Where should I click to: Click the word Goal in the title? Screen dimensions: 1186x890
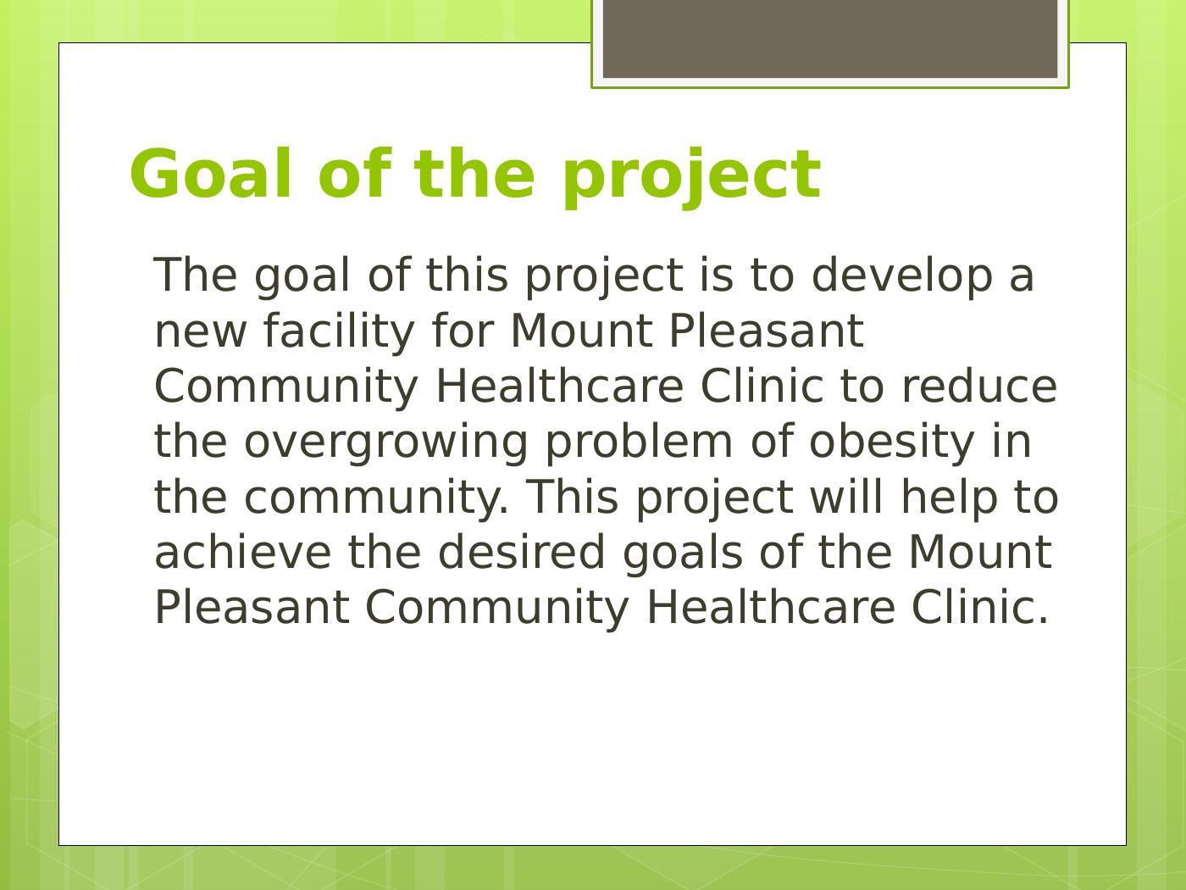click(211, 174)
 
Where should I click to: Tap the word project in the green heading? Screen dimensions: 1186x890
click(691, 178)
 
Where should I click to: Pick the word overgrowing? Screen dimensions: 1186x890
click(385, 445)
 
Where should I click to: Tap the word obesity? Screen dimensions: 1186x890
click(891, 445)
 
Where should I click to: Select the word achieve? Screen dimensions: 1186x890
click(242, 553)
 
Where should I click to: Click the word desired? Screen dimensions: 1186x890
click(521, 553)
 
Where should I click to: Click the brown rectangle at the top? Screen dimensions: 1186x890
click(830, 39)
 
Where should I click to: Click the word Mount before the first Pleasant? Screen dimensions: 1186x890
click(581, 331)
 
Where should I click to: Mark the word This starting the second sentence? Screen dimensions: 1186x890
click(572, 498)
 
